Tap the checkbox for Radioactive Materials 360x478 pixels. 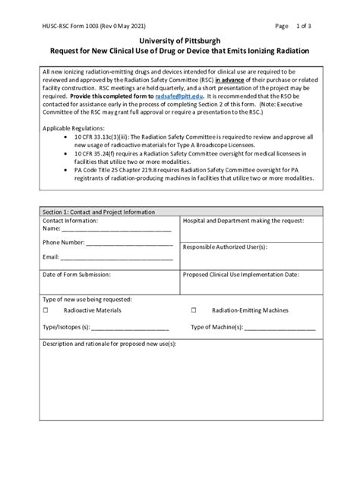46,310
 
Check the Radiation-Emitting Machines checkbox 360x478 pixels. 194,310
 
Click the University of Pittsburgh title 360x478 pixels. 180,38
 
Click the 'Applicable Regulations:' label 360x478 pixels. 74,129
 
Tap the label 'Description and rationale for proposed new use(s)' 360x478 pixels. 109,344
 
